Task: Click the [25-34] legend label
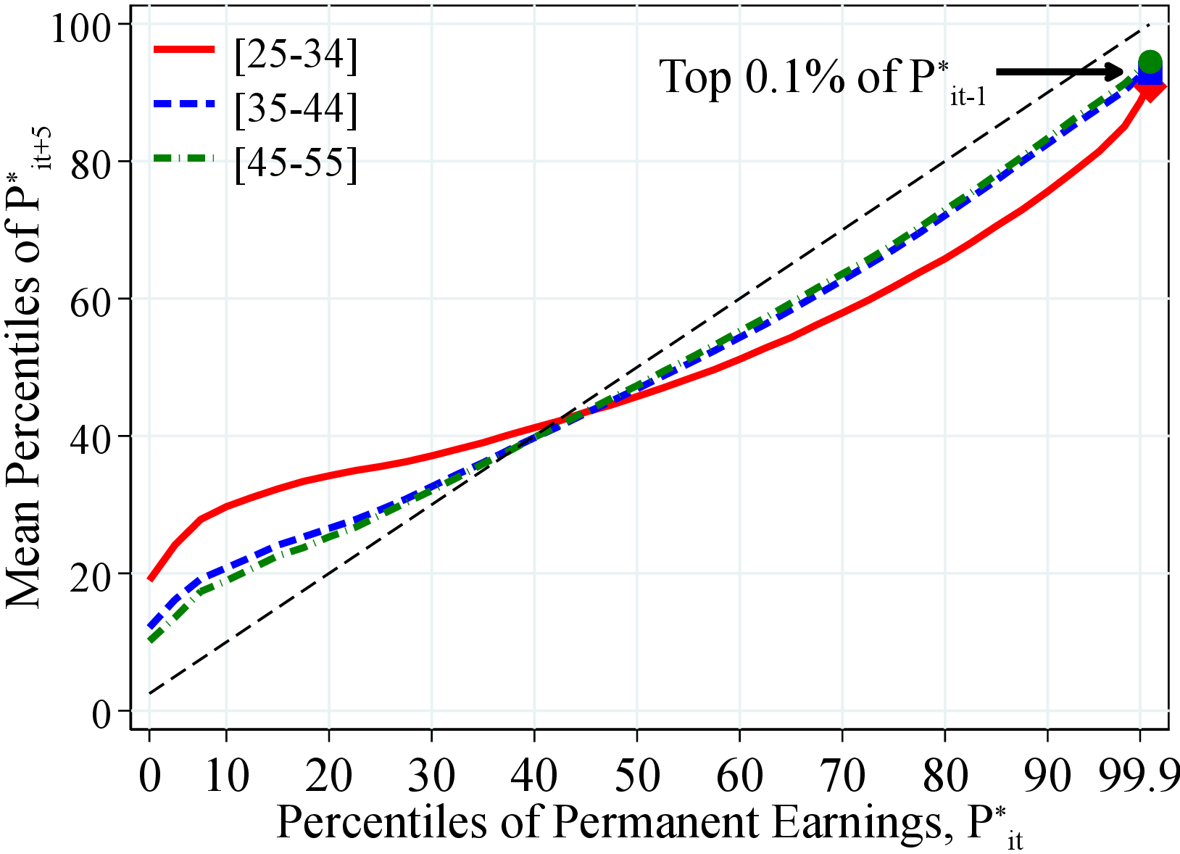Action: (296, 56)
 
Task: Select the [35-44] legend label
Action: (296, 110)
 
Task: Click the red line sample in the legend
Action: (184, 49)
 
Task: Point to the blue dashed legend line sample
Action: (184, 104)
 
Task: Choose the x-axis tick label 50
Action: (636, 776)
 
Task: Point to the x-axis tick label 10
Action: (225, 776)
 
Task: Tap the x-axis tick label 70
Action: (842, 776)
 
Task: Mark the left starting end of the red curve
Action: (150, 579)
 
